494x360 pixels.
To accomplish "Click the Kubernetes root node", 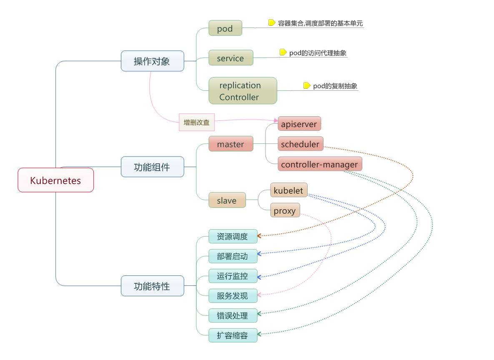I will point(55,180).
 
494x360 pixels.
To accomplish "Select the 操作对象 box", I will point(152,61).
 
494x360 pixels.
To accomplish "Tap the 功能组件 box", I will point(152,167).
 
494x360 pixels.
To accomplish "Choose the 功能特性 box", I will point(152,286).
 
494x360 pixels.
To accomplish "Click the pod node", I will point(225,29).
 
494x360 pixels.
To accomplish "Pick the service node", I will point(231,58).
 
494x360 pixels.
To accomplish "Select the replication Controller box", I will point(243,91).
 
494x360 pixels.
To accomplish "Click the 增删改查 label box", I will point(197,122).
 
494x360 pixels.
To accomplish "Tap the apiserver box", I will point(299,124).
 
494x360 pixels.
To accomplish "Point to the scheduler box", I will point(300,144).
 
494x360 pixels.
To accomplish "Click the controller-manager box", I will point(320,164).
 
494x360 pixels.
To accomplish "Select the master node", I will point(231,144).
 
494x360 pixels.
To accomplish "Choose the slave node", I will point(227,200).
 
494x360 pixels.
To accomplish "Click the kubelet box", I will point(289,190).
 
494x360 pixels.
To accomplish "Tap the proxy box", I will point(285,210).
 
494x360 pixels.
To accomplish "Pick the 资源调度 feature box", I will point(233,237).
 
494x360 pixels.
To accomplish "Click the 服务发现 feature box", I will point(233,296).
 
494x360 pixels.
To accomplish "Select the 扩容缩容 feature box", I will point(233,335).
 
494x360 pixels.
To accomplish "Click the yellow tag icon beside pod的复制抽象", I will point(307,86).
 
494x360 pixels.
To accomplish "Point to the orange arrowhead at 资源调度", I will point(260,236).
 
